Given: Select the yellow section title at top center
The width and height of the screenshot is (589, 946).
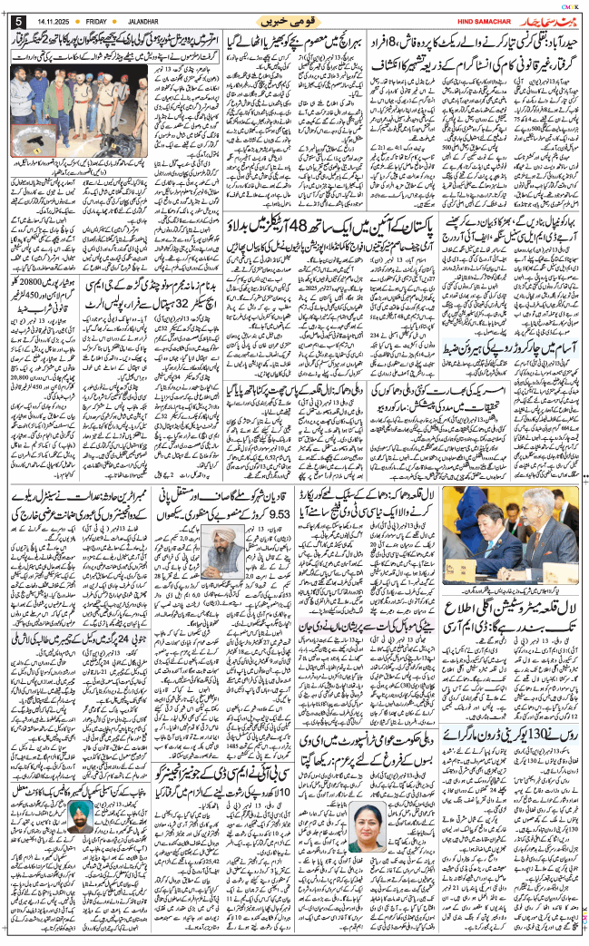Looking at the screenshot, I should point(293,20).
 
